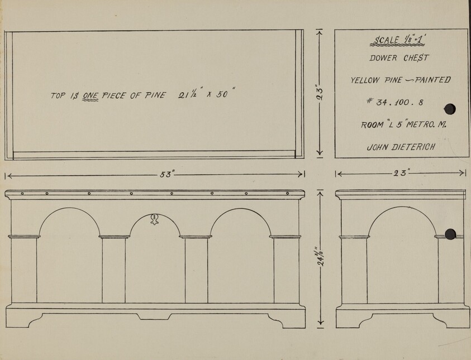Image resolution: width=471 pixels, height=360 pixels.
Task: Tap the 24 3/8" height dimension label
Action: coord(320,258)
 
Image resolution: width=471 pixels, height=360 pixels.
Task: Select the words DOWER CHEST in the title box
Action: coord(399,57)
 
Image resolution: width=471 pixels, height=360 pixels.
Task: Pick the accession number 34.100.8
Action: coord(397,103)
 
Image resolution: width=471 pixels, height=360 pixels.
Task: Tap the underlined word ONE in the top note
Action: coord(91,95)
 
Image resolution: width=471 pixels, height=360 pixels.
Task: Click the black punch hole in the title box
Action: coord(450,109)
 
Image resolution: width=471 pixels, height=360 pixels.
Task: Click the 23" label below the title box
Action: coord(401,174)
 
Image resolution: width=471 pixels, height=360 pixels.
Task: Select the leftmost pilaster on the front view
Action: coord(24,269)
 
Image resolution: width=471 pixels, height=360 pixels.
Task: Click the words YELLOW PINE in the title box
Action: coord(371,80)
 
